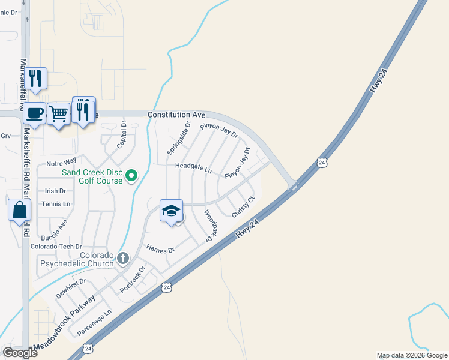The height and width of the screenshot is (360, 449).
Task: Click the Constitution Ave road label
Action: click(176, 114)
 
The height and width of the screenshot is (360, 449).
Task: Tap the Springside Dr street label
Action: click(187, 139)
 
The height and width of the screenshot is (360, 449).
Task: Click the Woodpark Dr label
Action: click(209, 225)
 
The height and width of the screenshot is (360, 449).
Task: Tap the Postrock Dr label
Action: click(133, 280)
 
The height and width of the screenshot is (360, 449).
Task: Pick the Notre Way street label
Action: click(61, 163)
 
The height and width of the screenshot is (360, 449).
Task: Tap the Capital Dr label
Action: click(122, 135)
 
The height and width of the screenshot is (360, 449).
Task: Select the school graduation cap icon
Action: click(172, 211)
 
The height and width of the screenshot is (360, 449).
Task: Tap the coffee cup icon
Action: click(35, 112)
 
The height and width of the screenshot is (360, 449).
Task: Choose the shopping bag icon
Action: click(20, 210)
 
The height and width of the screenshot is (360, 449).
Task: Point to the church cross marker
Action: click(123, 259)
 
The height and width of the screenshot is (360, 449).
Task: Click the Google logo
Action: click(20, 353)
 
